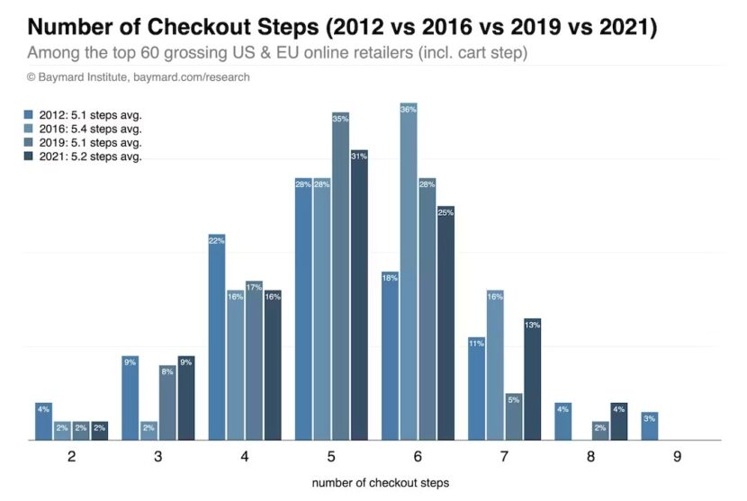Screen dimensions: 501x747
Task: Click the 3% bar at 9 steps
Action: (x=650, y=426)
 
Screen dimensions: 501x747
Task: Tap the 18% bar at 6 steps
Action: (x=391, y=355)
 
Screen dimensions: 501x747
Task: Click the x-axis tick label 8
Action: (x=590, y=456)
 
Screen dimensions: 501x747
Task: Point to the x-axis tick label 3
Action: (x=158, y=456)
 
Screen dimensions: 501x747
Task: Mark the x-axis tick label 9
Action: (x=677, y=456)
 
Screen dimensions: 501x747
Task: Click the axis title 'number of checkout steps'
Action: (x=380, y=483)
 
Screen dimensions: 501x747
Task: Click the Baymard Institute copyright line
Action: (x=139, y=77)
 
